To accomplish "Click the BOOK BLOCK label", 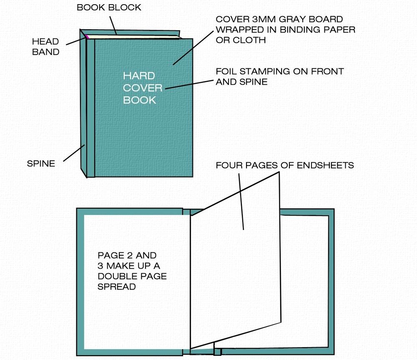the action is tap(109, 7).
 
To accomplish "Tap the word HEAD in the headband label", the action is tap(45, 42).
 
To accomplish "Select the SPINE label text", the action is tap(41, 164).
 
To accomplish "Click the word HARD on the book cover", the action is tap(139, 76).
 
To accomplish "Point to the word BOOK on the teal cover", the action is tap(140, 100).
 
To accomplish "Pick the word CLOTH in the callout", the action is tap(249, 40).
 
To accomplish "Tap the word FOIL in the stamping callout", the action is tap(226, 71).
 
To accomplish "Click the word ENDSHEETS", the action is tap(325, 165).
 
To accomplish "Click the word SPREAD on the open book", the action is tap(116, 287).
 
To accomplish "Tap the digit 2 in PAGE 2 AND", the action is tap(130, 255).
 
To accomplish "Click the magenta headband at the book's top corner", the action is tap(86, 37).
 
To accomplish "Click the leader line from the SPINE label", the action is tap(74, 153).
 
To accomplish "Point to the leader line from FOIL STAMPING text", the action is tap(189, 84).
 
